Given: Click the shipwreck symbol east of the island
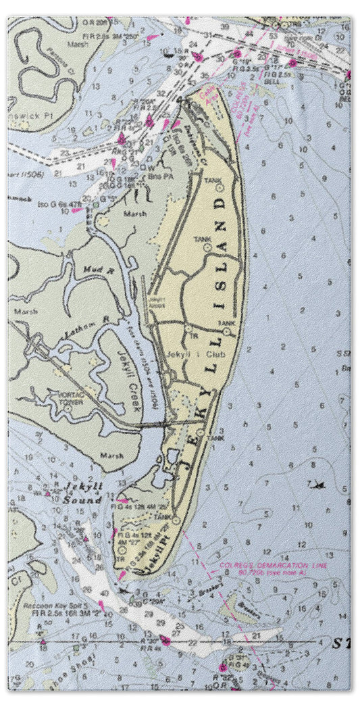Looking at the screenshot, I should click(315, 484).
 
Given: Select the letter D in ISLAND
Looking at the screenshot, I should click(221, 202).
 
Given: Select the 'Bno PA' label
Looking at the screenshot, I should click(153, 173).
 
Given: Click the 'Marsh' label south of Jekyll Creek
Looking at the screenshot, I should click(112, 456).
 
